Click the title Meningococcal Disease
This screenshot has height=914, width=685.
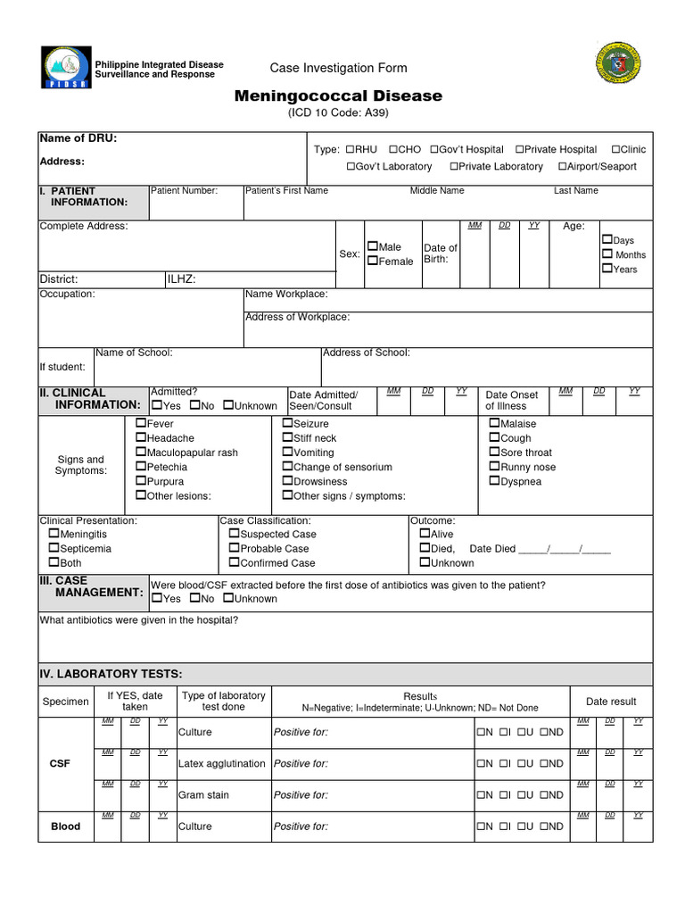[338, 96]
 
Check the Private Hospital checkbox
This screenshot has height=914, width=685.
[519, 149]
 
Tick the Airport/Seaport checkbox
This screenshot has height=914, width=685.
[563, 166]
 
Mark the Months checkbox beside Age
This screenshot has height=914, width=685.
[607, 254]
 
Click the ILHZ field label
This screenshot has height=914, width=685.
[181, 279]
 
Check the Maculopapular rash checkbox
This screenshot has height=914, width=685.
[141, 453]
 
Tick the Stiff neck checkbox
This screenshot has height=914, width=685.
[287, 438]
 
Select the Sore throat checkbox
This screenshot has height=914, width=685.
[494, 453]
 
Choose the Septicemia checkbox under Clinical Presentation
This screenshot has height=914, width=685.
[54, 549]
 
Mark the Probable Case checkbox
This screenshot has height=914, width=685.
[234, 549]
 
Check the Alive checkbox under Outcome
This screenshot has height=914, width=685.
[425, 535]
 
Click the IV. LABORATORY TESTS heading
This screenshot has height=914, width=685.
[111, 673]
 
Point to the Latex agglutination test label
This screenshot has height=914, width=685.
[222, 763]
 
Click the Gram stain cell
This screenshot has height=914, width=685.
[203, 794]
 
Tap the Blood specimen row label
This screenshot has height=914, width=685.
[65, 827]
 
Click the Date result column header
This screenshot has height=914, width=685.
[611, 702]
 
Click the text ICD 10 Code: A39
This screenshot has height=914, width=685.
[338, 113]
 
